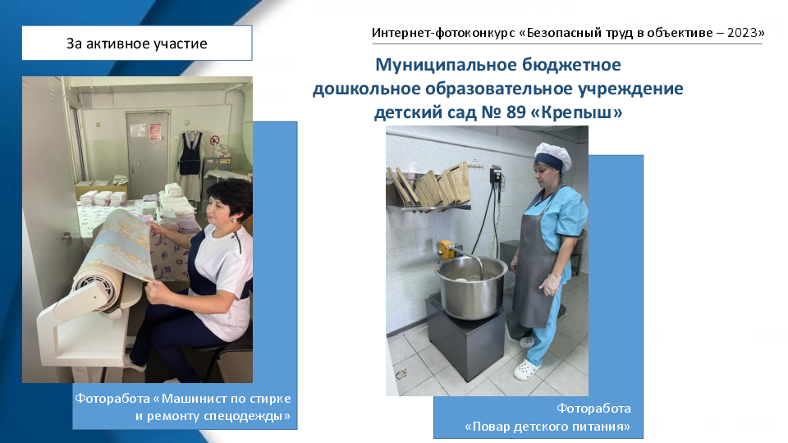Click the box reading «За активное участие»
pos(137,43)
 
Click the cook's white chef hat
pos(552,155)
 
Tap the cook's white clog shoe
pos(526,371)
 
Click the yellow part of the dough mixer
pos(445,249)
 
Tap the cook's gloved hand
pos(551,284)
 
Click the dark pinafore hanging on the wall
pos(190,153)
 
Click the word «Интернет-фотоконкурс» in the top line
pos(443,33)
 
